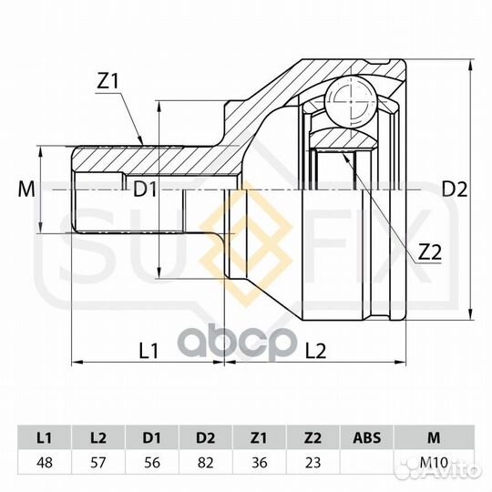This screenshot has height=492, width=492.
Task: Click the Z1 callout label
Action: tap(108, 81)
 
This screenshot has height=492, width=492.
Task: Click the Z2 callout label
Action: tap(430, 252)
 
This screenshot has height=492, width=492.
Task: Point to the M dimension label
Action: tap(26, 190)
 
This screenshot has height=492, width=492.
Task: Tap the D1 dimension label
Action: tap(145, 190)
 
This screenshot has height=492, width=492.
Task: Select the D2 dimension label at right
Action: tap(455, 190)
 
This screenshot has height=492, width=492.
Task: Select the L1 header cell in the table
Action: tap(45, 437)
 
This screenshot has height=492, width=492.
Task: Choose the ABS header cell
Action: tap(367, 437)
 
